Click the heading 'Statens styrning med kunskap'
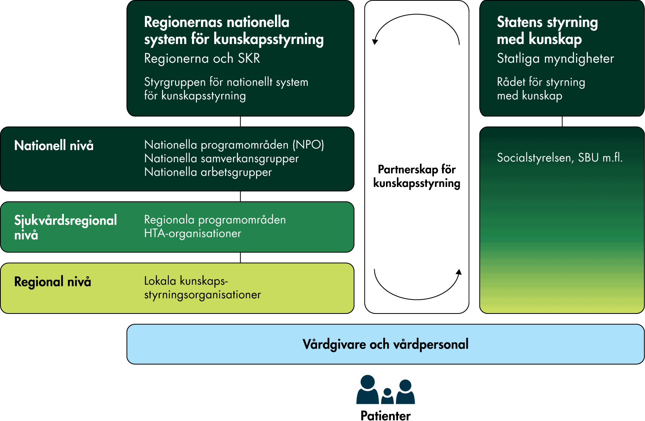[547, 30]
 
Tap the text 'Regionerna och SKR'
[202, 58]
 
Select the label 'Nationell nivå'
[54, 146]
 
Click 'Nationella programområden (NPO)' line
[234, 145]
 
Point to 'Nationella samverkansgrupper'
[221, 159]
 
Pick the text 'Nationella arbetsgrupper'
[208, 172]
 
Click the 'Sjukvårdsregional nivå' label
[65, 227]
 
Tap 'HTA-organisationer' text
[192, 233]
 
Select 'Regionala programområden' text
[215, 220]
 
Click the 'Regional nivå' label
[53, 282]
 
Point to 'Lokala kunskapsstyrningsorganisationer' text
[202, 288]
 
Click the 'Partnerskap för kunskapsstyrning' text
[416, 176]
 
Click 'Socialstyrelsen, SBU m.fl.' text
[559, 158]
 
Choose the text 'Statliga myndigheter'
[555, 58]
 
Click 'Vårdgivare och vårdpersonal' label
[385, 344]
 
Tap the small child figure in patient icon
[387, 396]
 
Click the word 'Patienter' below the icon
[385, 416]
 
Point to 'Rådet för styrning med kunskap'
[541, 89]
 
